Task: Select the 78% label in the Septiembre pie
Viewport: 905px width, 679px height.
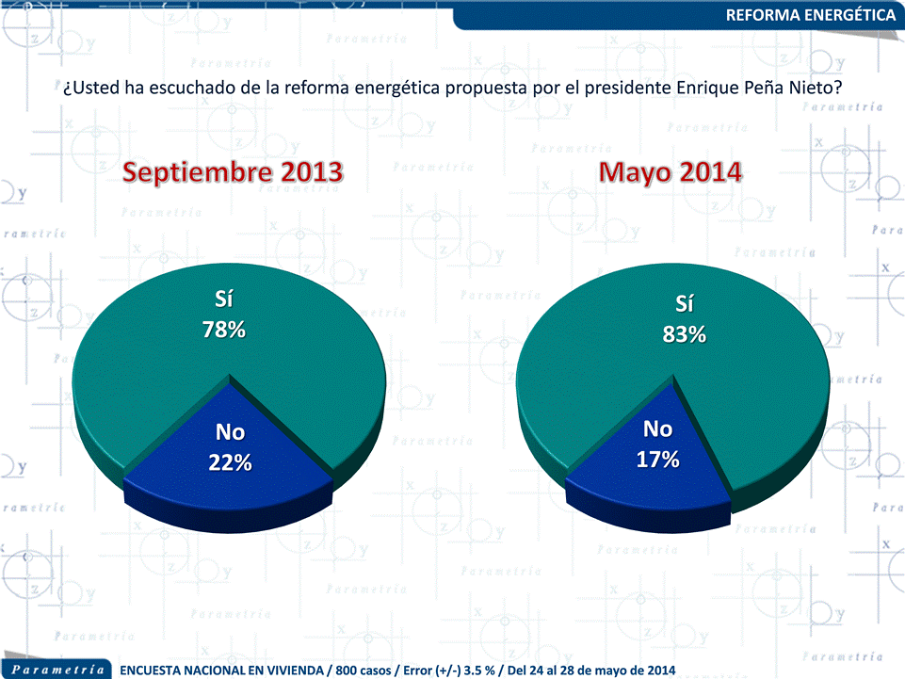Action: (224, 331)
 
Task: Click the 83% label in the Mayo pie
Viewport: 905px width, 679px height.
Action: (684, 334)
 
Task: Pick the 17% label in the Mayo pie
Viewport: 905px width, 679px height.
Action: (658, 460)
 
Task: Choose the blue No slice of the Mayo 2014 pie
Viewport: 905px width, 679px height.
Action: (650, 471)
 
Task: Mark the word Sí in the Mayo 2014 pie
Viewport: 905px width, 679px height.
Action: (685, 304)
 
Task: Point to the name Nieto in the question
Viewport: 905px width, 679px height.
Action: (814, 88)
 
